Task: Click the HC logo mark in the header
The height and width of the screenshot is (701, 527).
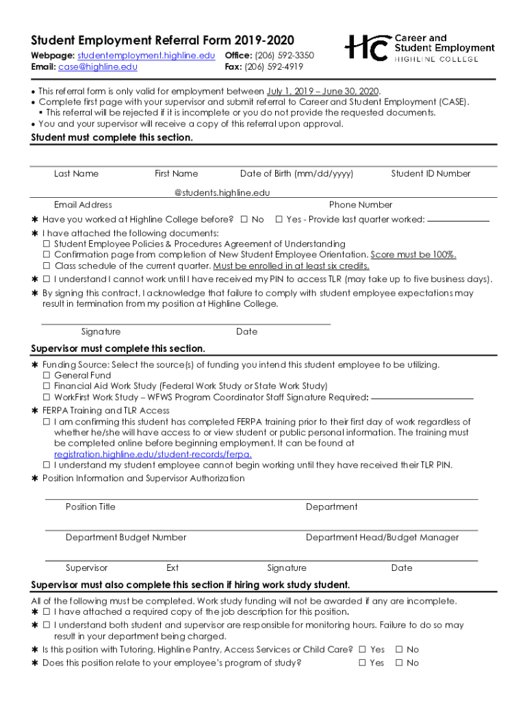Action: coord(367,48)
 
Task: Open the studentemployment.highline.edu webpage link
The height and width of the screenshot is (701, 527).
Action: coord(146,55)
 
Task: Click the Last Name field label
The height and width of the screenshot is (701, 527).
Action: coord(76,174)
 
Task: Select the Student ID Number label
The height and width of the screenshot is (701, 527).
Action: coord(430,174)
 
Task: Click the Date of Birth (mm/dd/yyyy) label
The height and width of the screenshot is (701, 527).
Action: coord(296,174)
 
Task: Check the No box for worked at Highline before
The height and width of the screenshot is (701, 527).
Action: coord(244,220)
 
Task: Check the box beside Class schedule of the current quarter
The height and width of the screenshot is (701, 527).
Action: coord(47,266)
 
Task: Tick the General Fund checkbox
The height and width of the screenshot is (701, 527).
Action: coord(47,376)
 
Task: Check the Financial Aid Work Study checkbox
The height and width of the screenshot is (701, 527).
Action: coord(47,387)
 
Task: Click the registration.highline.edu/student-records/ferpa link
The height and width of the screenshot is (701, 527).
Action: coord(153,455)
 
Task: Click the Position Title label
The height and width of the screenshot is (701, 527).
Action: coord(90,507)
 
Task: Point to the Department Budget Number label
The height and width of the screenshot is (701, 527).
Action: coord(126,538)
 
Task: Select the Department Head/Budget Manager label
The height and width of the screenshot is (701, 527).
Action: coord(382,538)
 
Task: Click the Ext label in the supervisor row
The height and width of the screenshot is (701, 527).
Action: coord(172,568)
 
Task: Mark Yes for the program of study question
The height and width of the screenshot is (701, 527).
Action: coord(362,663)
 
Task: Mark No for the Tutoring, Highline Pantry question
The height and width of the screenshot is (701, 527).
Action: coord(399,650)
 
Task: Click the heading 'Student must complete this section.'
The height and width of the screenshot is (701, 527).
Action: coord(112,138)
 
